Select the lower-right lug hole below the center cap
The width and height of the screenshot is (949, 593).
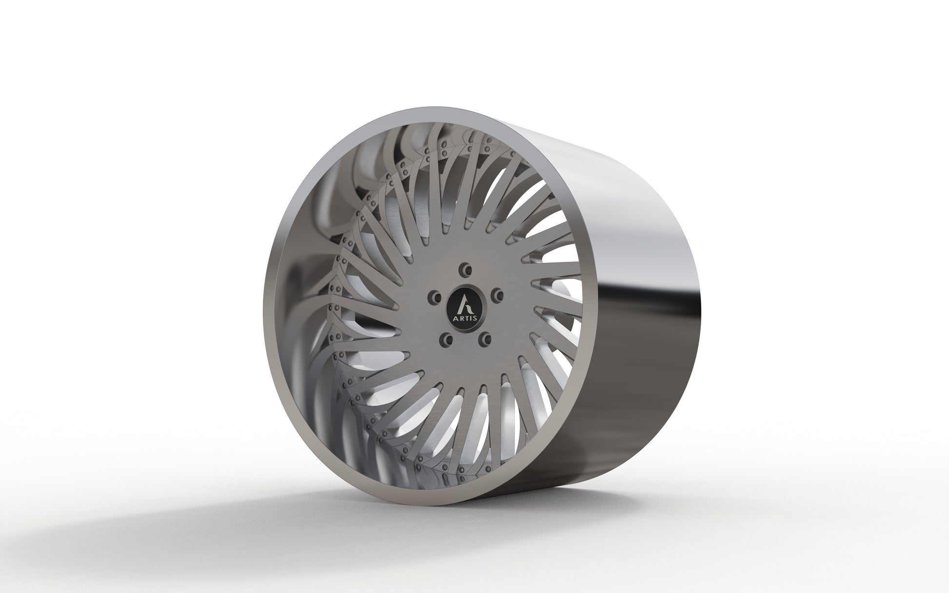pyautogui.click(x=485, y=337)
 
